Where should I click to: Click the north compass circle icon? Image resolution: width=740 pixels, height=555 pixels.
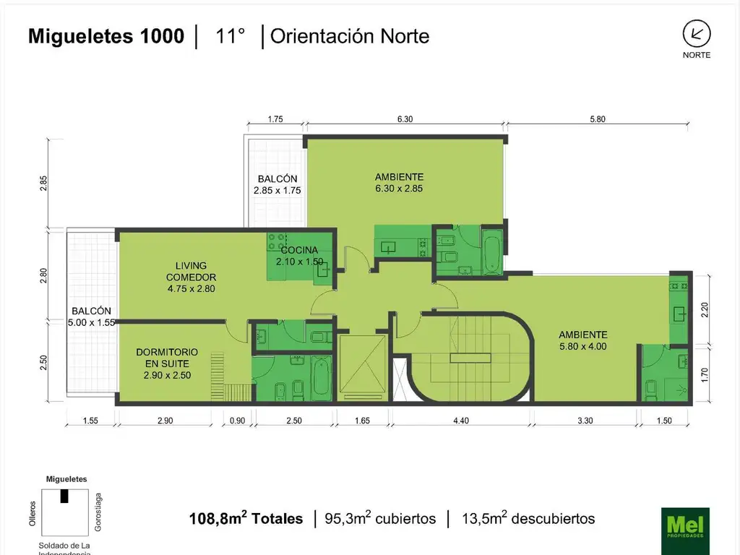click(x=697, y=34)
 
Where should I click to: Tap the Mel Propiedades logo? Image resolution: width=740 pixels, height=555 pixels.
click(x=685, y=531)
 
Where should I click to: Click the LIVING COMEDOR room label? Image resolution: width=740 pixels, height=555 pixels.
click(x=191, y=277)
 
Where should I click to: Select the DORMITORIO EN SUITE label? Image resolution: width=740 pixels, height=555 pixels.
click(x=167, y=363)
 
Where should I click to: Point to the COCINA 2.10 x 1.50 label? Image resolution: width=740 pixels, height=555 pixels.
click(x=300, y=255)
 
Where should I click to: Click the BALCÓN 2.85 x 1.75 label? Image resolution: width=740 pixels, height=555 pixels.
click(x=277, y=184)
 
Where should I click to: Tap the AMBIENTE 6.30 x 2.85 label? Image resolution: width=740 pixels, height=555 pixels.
click(x=399, y=183)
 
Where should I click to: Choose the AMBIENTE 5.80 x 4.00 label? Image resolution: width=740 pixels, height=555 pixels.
click(x=583, y=340)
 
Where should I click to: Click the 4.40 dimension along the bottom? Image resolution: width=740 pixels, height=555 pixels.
click(x=461, y=421)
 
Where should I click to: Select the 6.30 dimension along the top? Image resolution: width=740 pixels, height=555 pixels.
click(x=405, y=119)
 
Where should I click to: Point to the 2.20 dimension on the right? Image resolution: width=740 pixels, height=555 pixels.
click(x=705, y=309)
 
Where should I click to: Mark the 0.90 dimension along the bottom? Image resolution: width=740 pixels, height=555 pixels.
click(x=237, y=421)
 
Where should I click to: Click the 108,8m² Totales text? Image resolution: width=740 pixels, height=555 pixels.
click(x=246, y=518)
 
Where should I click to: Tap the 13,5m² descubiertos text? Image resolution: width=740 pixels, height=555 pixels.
click(x=528, y=518)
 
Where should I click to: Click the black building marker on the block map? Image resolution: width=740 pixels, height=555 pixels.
click(x=64, y=496)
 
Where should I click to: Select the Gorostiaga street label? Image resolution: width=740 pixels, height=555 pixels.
click(x=98, y=512)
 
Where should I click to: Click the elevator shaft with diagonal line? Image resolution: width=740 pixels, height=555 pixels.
click(x=363, y=366)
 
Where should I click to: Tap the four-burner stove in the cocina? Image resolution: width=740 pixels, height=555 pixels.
click(x=277, y=241)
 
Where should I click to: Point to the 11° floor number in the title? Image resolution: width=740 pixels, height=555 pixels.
click(x=231, y=36)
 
